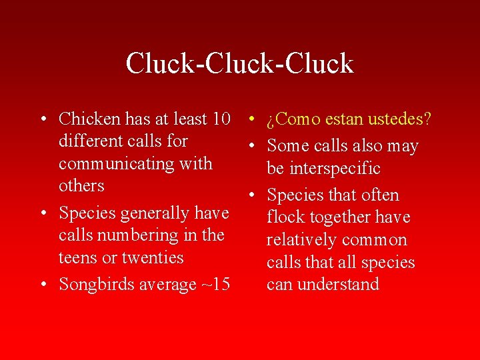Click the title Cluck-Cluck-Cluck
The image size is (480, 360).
(x=239, y=63)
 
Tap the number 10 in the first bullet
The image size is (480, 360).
(x=220, y=119)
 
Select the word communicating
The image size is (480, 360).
(x=135, y=163)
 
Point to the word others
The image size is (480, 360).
(x=81, y=185)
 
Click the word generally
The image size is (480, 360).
(x=145, y=213)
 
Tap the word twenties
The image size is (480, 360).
(x=153, y=257)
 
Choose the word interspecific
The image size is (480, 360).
(x=323, y=168)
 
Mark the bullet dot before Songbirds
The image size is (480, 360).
(x=43, y=285)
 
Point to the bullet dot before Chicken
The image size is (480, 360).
(x=43, y=120)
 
